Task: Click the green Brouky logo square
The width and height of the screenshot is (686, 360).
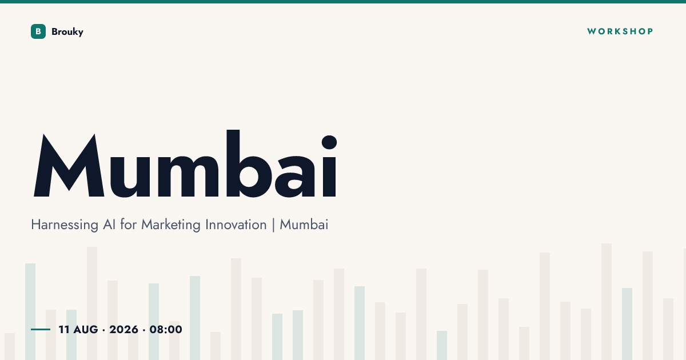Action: [x=38, y=31]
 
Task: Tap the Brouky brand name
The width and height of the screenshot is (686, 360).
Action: [x=67, y=32]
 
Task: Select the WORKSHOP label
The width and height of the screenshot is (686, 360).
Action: [x=620, y=31]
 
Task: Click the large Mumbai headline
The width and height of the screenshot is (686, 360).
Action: [x=185, y=164]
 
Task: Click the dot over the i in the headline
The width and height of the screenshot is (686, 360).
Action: [x=329, y=142]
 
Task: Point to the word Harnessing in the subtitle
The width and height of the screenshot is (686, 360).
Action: [x=65, y=225]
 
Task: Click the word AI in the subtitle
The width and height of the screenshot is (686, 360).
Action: [x=109, y=225]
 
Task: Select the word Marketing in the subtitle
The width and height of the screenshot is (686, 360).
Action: [x=171, y=225]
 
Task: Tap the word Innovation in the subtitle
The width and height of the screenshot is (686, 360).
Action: [x=236, y=225]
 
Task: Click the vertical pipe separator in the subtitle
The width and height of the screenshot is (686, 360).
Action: [x=273, y=225]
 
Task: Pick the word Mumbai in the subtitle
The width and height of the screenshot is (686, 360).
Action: [x=304, y=225]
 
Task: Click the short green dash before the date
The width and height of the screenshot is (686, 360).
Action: [x=41, y=329]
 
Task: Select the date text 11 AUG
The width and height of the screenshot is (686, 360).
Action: [x=78, y=329]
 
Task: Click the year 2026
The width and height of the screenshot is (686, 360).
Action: [x=123, y=329]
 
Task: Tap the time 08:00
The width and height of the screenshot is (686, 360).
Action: [x=166, y=329]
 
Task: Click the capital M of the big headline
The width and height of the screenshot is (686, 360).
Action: [x=69, y=165]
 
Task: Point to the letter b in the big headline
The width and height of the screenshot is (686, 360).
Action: [x=249, y=164]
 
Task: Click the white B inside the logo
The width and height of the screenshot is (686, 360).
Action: [x=38, y=31]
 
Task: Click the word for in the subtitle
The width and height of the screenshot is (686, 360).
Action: [x=128, y=225]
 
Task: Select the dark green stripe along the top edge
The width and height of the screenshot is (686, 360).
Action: [x=343, y=2]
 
